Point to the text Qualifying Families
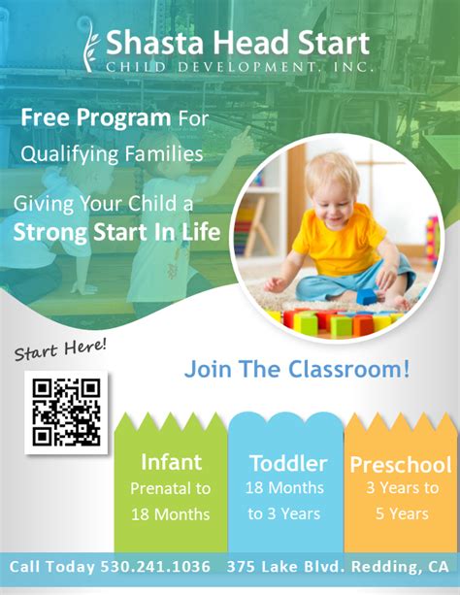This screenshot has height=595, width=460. [x=111, y=153]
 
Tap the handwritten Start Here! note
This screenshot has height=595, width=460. [x=60, y=350]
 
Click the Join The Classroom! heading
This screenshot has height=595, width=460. [x=297, y=369]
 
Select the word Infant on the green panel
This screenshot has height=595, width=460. [x=171, y=461]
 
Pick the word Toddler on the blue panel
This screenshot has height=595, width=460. [x=288, y=463]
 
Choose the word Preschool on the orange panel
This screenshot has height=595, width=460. [x=400, y=464]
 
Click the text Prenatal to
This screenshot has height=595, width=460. [x=170, y=488]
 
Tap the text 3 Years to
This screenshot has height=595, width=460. [x=401, y=488]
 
